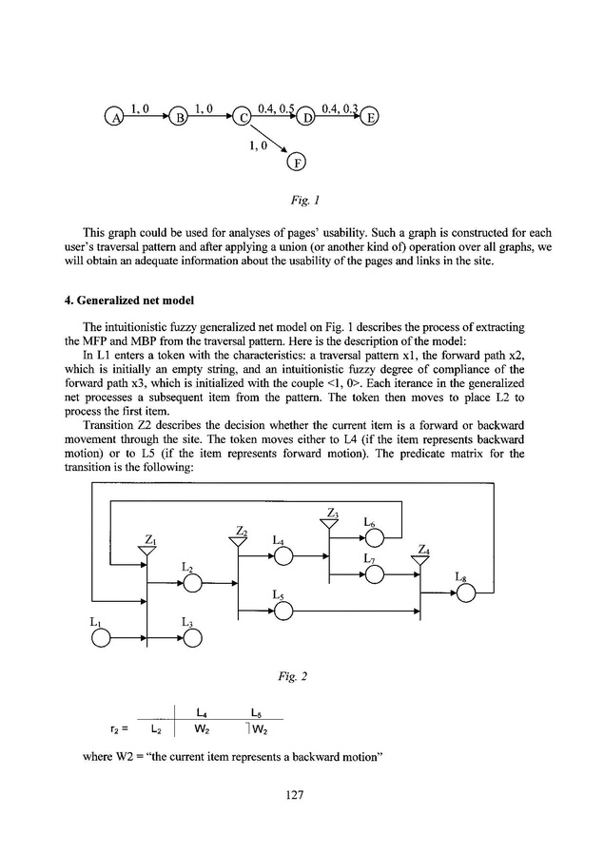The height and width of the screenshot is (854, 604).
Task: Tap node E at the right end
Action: [371, 118]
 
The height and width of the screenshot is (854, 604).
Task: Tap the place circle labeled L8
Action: [465, 592]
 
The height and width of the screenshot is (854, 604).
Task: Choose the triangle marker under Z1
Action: [146, 552]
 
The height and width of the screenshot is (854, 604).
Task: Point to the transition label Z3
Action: [332, 514]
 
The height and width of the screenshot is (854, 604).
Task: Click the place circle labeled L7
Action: [375, 574]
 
